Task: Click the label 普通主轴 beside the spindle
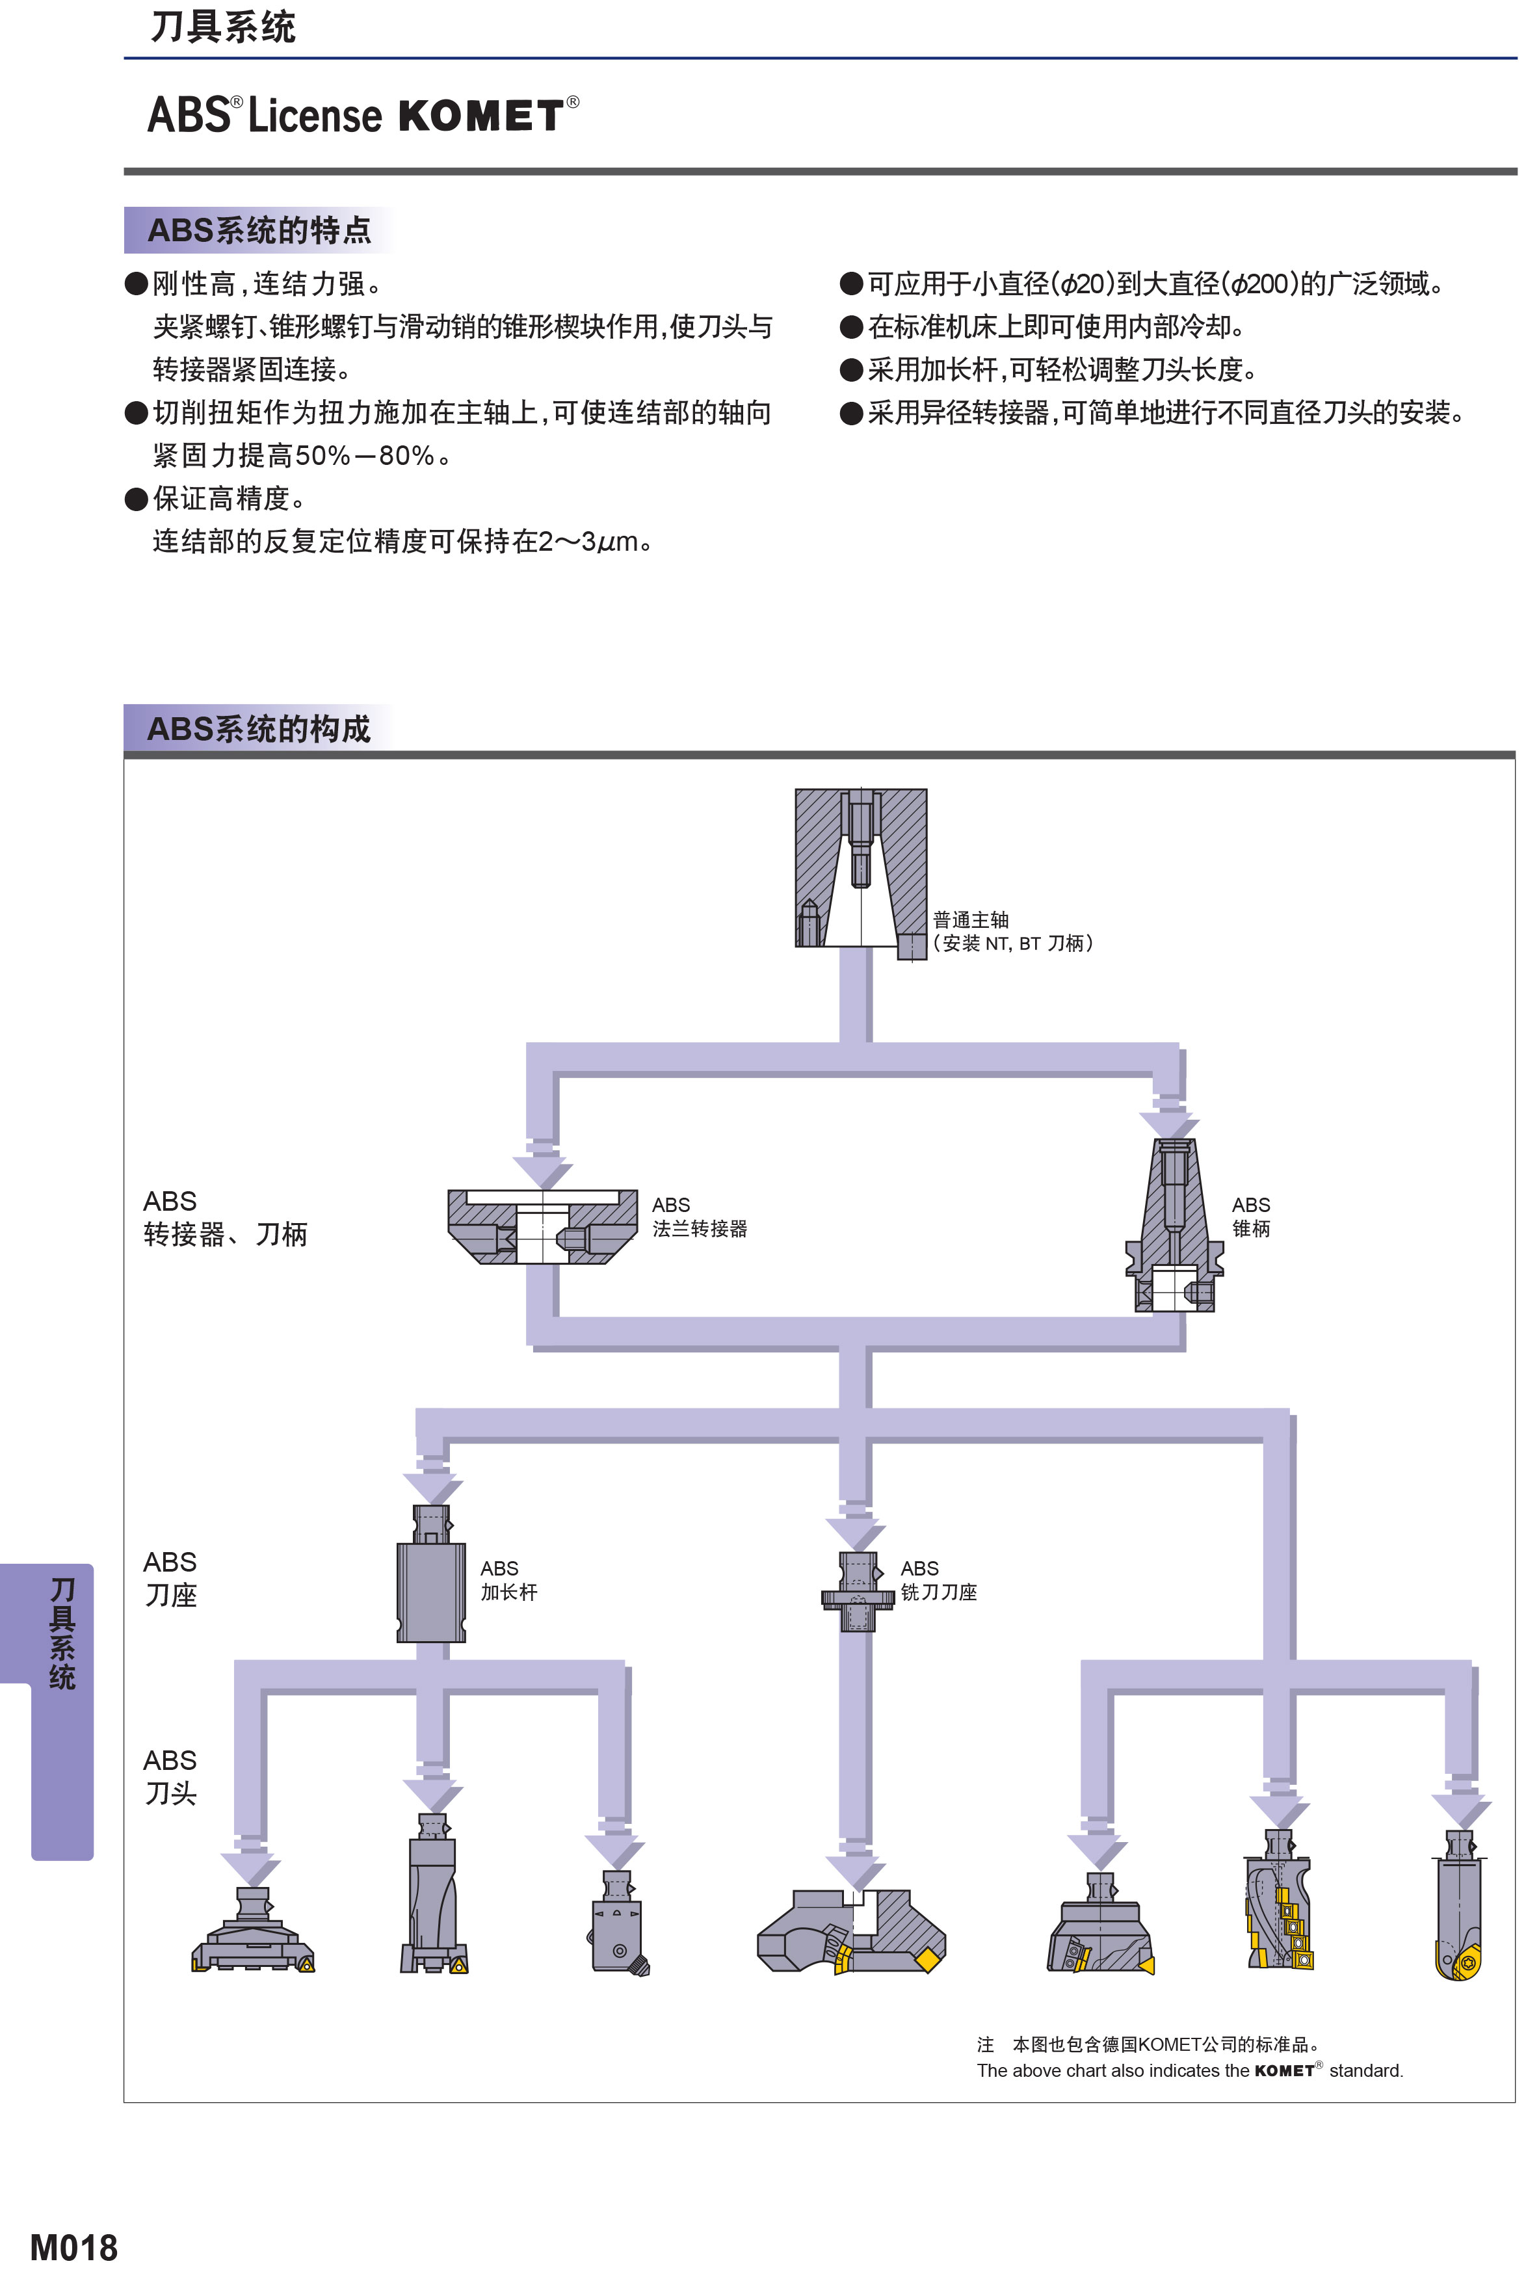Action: pos(970,919)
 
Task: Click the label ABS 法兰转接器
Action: pos(700,1217)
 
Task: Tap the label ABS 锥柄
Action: pos(1250,1217)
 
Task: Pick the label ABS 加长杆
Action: pos(508,1580)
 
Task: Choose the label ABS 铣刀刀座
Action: pos(938,1580)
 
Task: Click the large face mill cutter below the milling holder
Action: pos(852,1932)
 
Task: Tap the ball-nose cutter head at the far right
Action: pos(1458,1905)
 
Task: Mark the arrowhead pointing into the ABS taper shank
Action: pos(1169,1124)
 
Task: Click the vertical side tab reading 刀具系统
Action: pos(62,1634)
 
